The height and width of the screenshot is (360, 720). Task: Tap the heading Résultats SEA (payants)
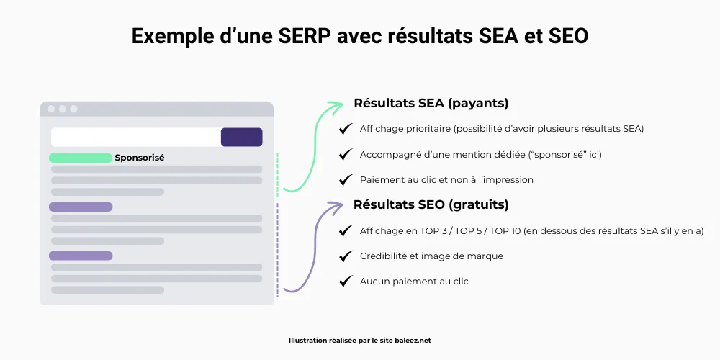pos(431,103)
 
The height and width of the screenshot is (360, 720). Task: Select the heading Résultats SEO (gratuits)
pos(431,204)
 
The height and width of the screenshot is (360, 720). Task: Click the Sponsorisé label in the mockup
pos(140,158)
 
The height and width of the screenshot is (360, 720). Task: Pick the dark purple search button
pos(241,137)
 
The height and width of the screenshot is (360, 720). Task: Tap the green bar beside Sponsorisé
pos(81,158)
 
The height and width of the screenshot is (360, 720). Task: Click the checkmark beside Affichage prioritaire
pos(346,129)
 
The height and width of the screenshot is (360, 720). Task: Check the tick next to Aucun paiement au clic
pos(346,281)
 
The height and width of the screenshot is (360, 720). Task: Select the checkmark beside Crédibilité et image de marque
pos(346,256)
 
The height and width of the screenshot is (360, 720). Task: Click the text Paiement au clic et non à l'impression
pos(446,179)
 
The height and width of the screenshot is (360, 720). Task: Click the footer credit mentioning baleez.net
pos(359,341)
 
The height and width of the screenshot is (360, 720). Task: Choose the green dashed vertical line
pos(278,173)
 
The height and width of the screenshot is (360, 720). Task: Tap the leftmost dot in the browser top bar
pos(50,109)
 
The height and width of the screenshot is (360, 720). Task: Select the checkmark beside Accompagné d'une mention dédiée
pos(346,154)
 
